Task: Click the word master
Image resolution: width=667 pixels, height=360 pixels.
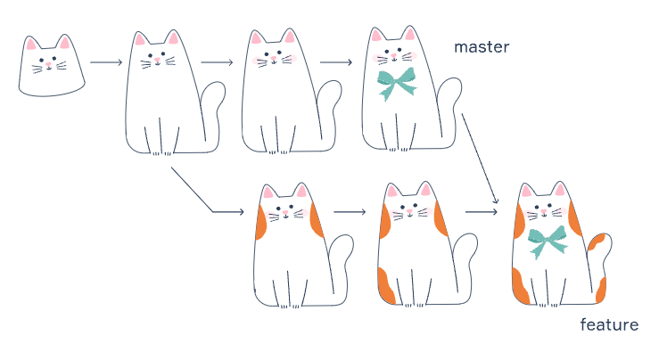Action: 482,46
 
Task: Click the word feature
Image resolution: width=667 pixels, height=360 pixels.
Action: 609,324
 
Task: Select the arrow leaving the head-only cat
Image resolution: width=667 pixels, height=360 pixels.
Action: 106,63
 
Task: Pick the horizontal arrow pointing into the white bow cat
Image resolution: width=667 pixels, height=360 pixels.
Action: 336,63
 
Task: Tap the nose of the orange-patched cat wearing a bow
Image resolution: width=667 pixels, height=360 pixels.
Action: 546,215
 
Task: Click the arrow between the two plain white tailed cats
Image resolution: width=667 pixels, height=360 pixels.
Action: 218,63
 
